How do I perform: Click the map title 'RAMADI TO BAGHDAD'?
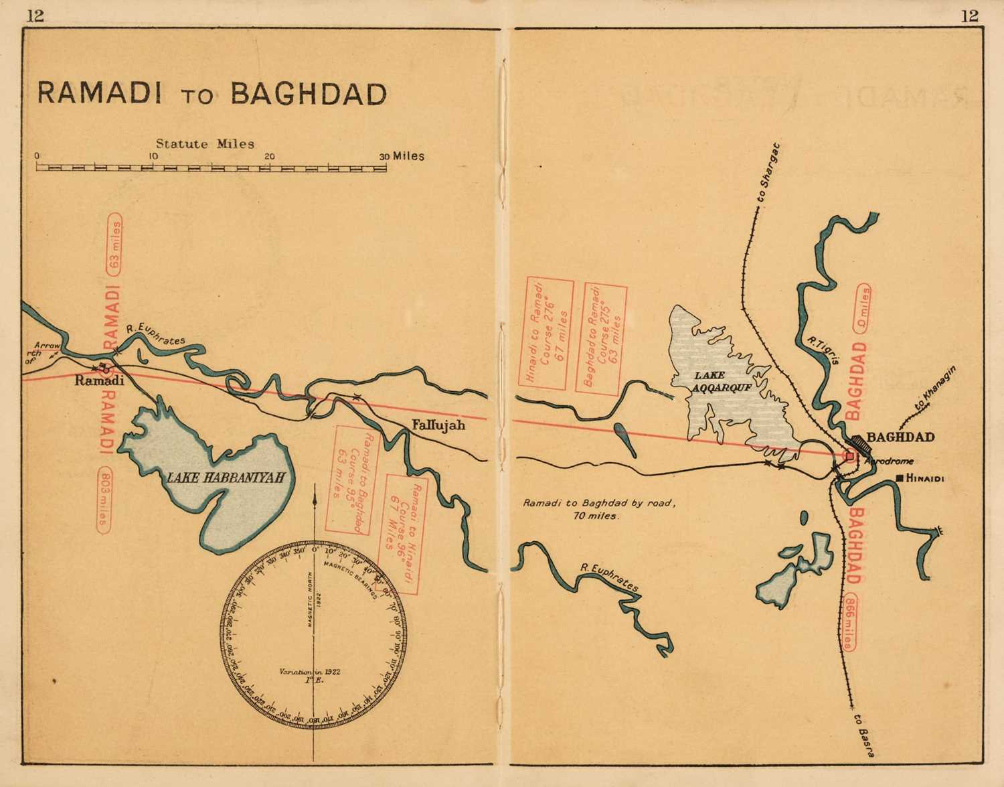(212, 93)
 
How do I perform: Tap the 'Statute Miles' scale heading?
(205, 143)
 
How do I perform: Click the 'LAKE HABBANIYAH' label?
(222, 478)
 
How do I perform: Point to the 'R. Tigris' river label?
(823, 352)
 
